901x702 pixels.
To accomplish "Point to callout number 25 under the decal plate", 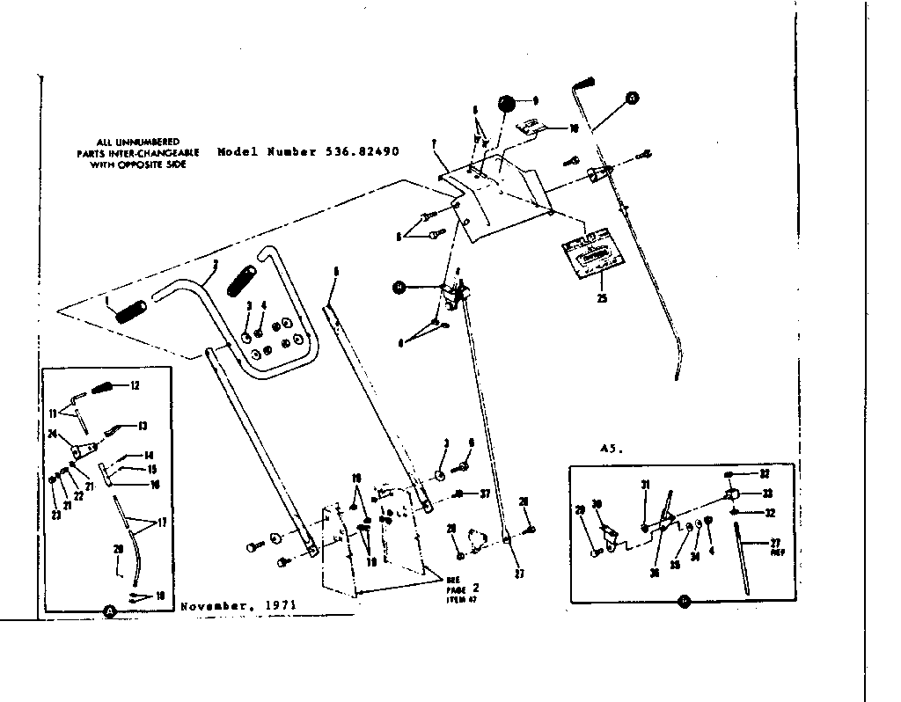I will (x=602, y=297).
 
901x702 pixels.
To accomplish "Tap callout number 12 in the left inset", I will (x=135, y=385).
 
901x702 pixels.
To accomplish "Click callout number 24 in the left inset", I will (x=53, y=433).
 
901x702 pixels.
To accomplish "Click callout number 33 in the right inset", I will (x=766, y=494).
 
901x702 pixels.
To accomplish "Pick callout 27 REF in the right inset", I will (x=776, y=547).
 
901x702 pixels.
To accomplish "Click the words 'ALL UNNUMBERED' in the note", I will (x=127, y=142).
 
